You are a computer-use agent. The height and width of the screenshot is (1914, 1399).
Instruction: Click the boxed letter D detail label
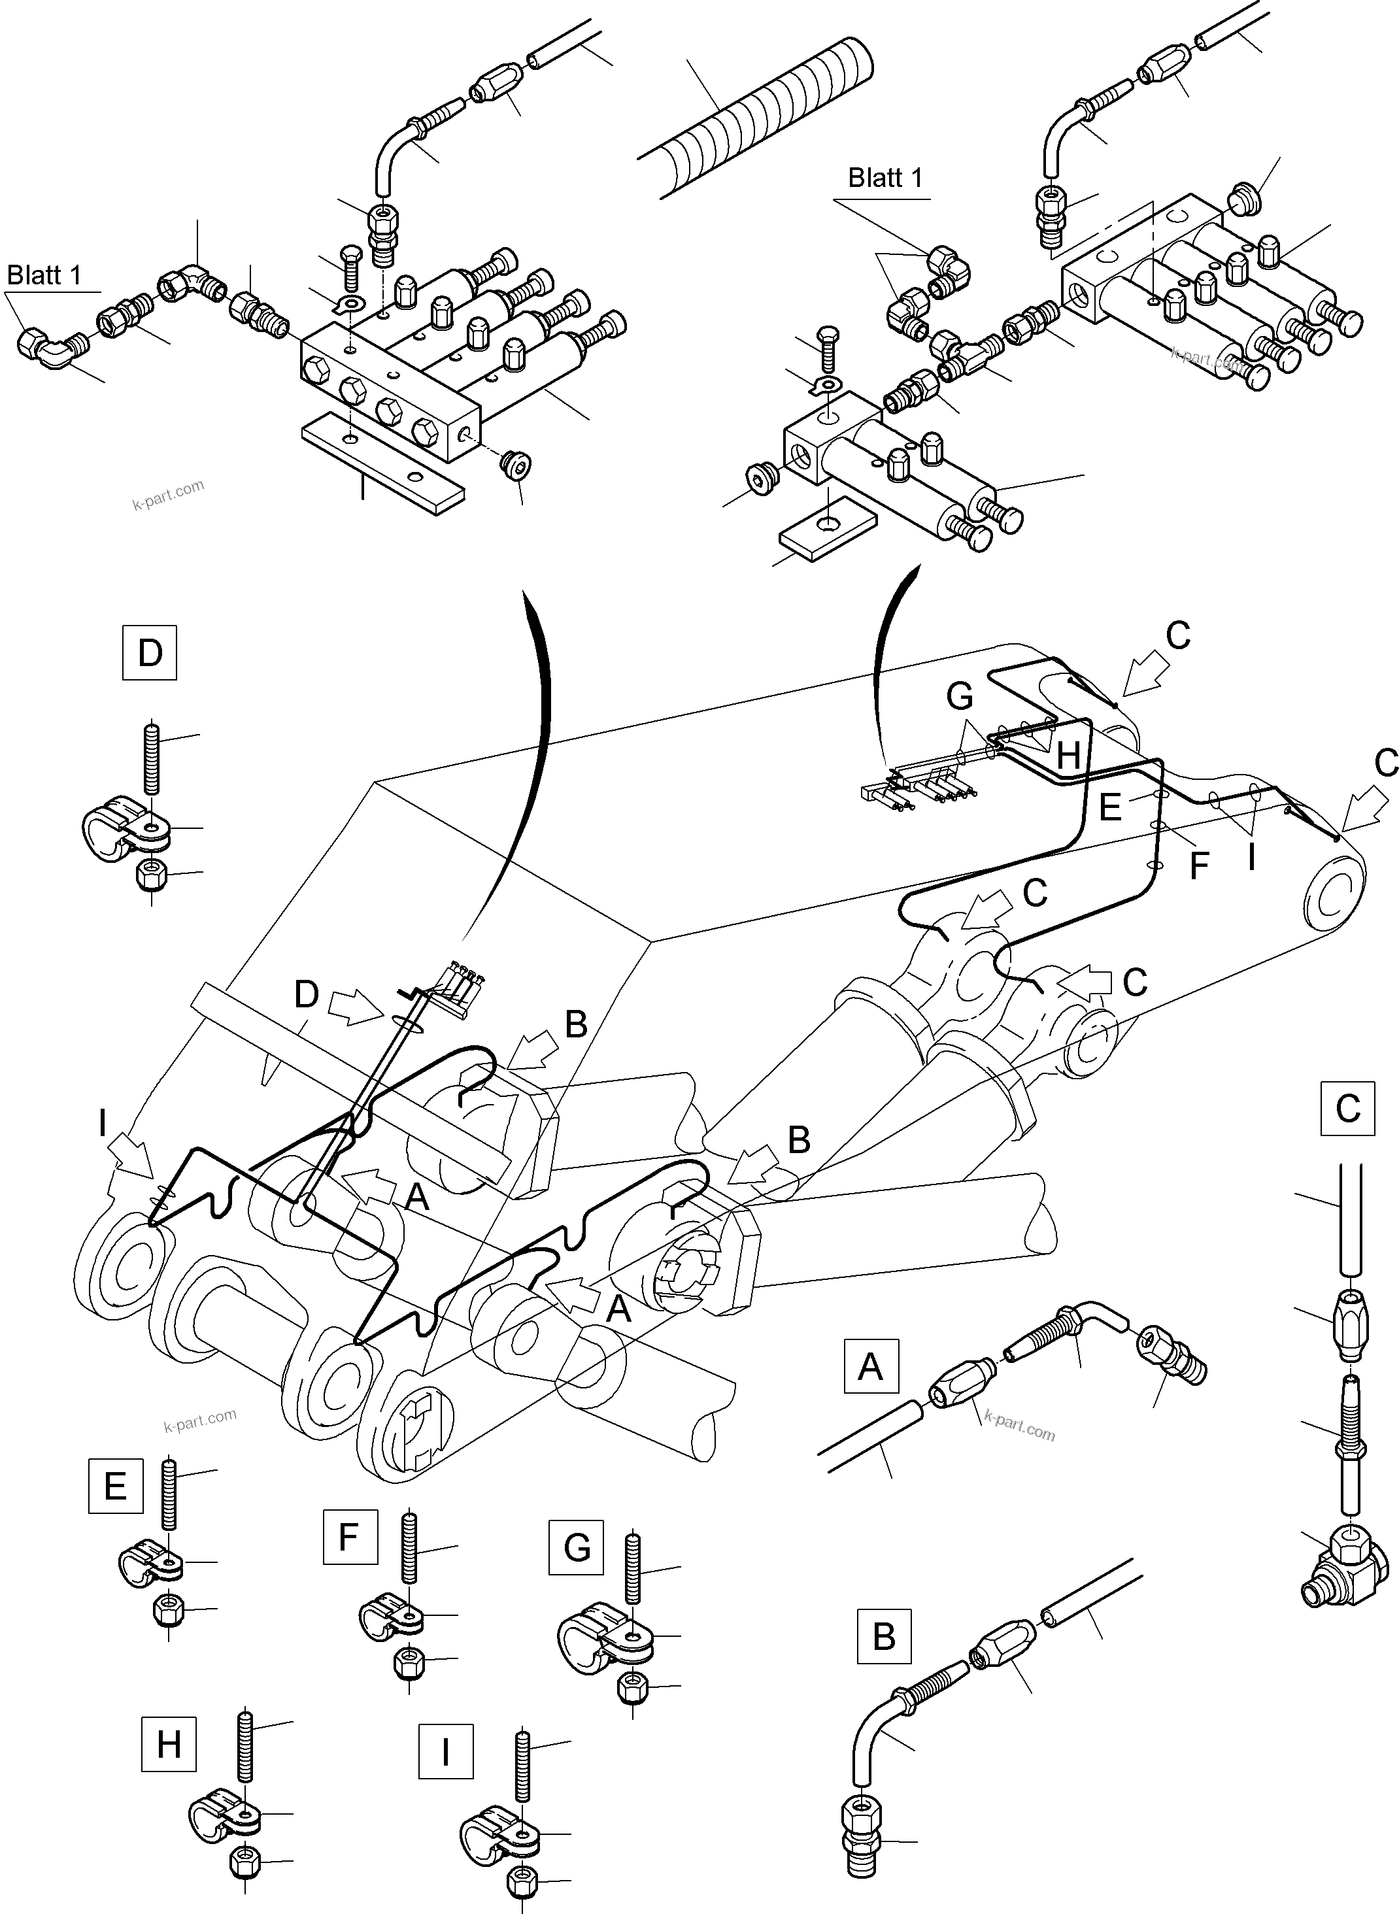(x=150, y=652)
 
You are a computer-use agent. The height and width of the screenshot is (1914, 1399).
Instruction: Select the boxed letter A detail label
(x=871, y=1366)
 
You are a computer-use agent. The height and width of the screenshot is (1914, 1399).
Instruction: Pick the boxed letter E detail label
(x=115, y=1485)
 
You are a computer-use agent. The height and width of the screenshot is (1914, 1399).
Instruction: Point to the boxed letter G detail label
(x=576, y=1547)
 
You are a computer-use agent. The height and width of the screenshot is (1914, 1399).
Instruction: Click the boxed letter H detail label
(x=169, y=1744)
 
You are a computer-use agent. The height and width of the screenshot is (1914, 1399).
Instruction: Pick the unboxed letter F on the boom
(x=1198, y=866)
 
